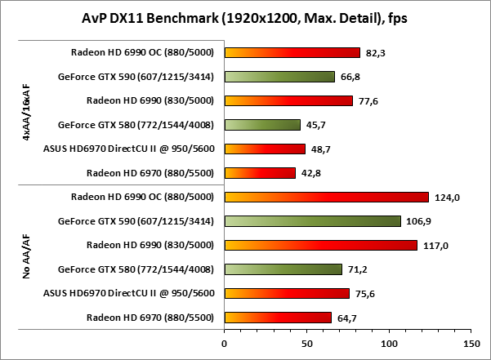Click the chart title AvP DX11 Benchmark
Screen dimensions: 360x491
(x=245, y=18)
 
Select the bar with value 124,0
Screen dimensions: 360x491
(x=326, y=197)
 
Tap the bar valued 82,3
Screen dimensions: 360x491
(x=292, y=53)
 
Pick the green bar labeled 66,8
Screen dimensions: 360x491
(x=279, y=77)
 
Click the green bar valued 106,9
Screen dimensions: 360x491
(x=312, y=220)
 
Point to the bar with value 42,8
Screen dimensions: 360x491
(x=260, y=173)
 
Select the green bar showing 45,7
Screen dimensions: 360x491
(x=262, y=125)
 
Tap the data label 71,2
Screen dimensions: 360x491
(x=356, y=269)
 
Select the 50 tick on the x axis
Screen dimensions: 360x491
(x=306, y=343)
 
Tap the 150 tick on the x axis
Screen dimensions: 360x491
(x=471, y=343)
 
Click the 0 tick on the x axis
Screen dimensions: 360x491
(x=225, y=343)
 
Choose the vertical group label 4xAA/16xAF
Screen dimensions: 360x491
(x=27, y=113)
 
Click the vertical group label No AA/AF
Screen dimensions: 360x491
(x=27, y=256)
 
